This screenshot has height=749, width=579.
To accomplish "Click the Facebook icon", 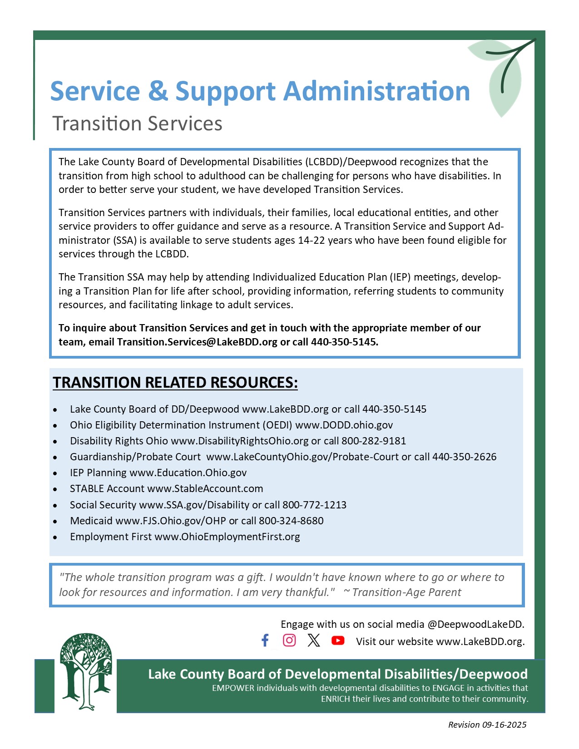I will click(265, 640).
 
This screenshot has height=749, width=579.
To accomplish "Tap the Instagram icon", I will click(289, 640).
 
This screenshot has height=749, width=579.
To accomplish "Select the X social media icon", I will click(313, 640).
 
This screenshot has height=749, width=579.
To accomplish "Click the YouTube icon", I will click(338, 640).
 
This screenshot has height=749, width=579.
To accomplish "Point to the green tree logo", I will click(85, 671).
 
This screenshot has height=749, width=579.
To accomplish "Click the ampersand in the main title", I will click(158, 91).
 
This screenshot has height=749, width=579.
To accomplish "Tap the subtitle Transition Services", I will click(137, 123).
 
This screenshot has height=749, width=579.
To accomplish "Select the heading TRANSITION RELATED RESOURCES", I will click(175, 383).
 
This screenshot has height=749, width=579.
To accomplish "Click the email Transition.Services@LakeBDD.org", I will click(197, 342).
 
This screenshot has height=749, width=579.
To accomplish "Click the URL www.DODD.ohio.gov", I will click(344, 425).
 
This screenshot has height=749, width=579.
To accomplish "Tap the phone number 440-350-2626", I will click(464, 457).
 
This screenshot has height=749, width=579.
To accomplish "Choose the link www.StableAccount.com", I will click(205, 488).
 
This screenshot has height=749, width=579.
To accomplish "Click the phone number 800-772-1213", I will click(314, 505).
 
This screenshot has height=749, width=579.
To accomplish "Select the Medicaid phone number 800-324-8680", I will click(291, 521).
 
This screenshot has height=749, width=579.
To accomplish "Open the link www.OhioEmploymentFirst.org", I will click(227, 537).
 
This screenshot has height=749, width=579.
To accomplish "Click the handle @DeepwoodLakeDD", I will click(475, 624).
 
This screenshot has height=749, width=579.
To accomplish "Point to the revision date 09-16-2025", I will click(505, 724).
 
